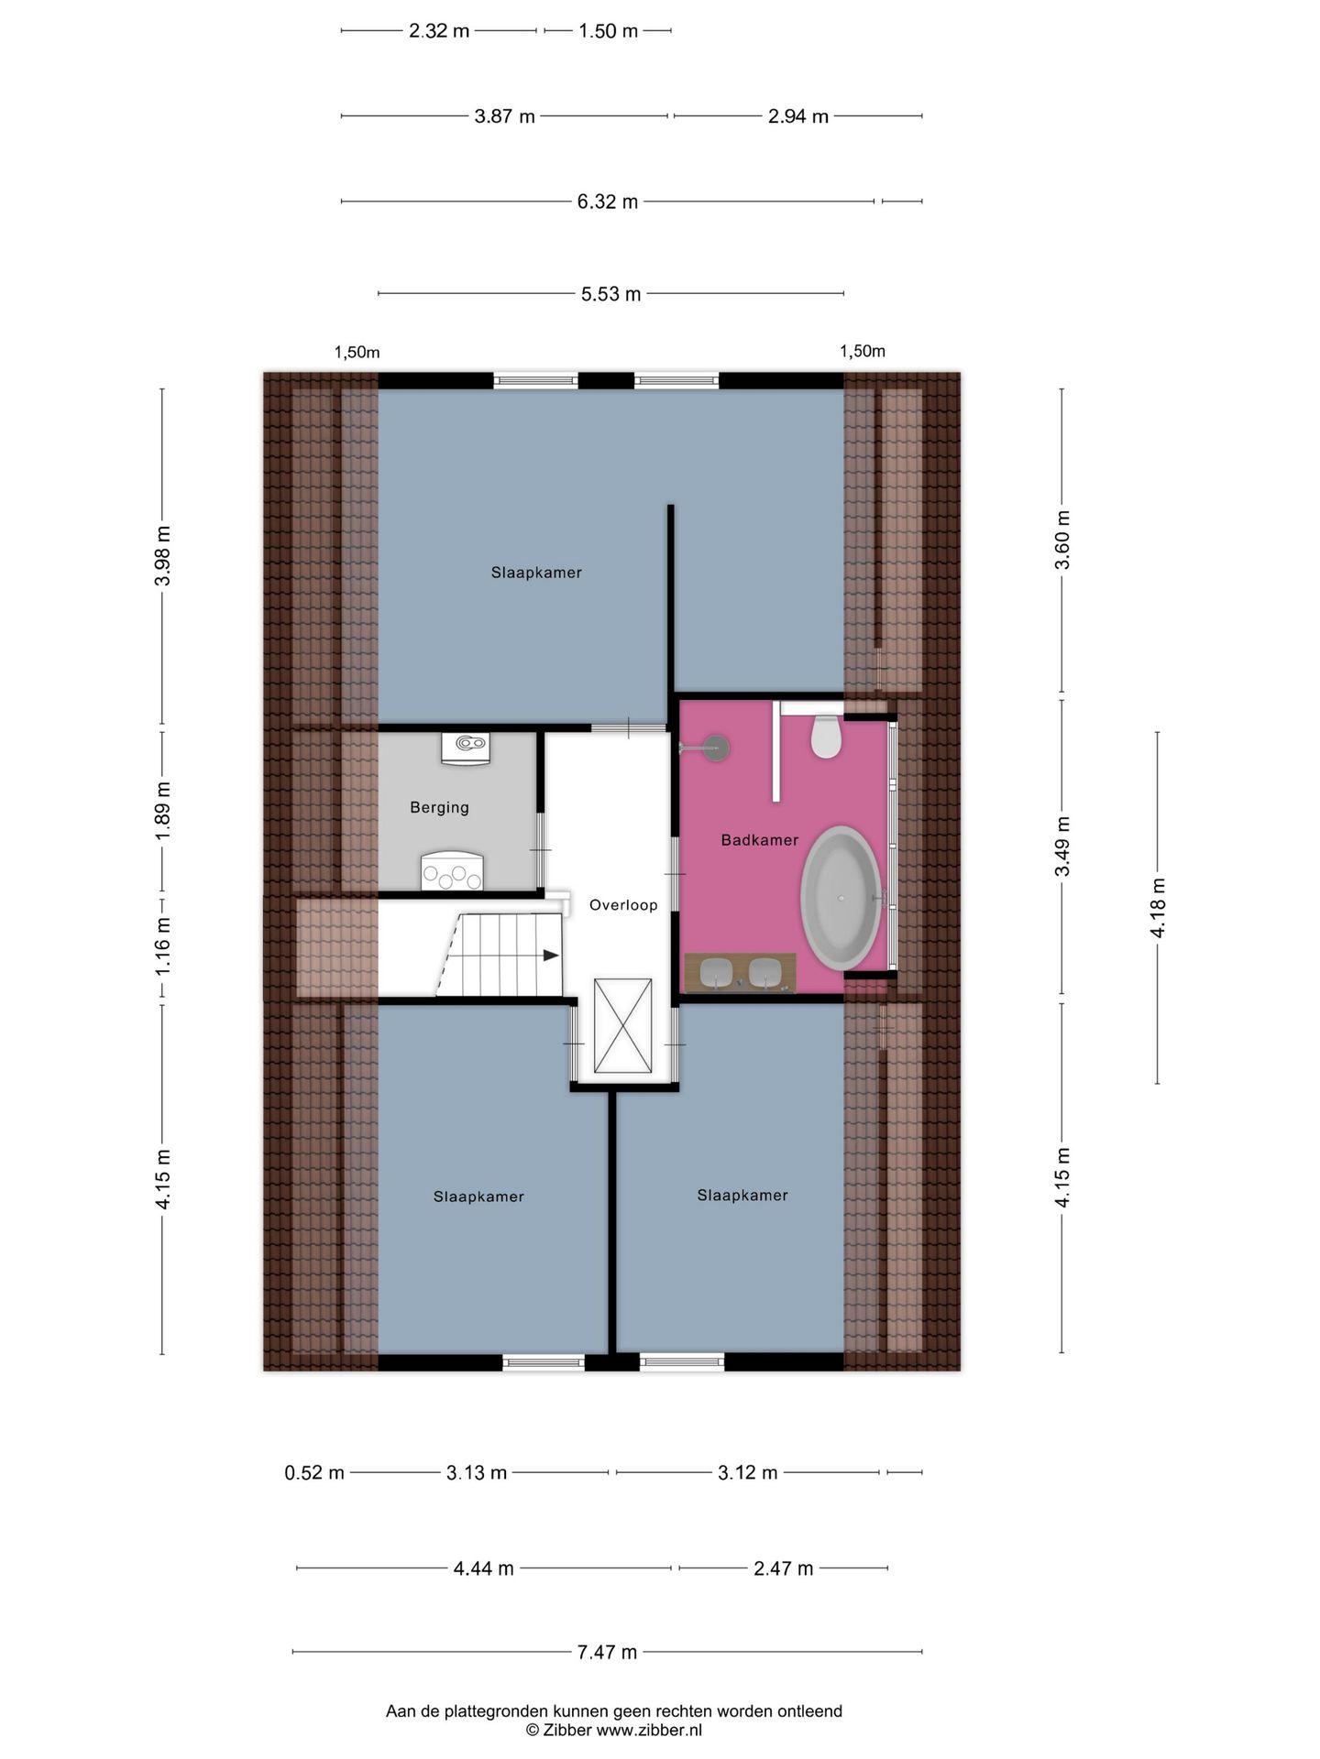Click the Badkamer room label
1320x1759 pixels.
759,840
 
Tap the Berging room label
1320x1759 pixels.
439,807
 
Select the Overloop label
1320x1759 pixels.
623,905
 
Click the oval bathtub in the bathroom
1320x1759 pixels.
841,898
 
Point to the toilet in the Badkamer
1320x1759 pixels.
826,737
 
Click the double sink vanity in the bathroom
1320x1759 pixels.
741,973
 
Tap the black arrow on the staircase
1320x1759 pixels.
550,956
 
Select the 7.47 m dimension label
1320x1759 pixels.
607,1652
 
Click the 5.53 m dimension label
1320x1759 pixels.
610,294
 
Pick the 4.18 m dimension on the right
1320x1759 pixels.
1158,907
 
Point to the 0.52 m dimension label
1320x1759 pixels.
314,1472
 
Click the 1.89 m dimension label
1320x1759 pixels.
162,810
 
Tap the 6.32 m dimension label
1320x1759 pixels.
607,202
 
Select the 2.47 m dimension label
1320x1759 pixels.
783,1568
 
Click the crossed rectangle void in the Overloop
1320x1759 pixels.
623,1025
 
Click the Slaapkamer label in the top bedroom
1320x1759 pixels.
536,573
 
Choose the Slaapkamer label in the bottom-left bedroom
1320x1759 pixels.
478,1196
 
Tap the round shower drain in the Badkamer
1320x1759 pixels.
716,748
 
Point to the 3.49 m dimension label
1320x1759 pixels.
1062,846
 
